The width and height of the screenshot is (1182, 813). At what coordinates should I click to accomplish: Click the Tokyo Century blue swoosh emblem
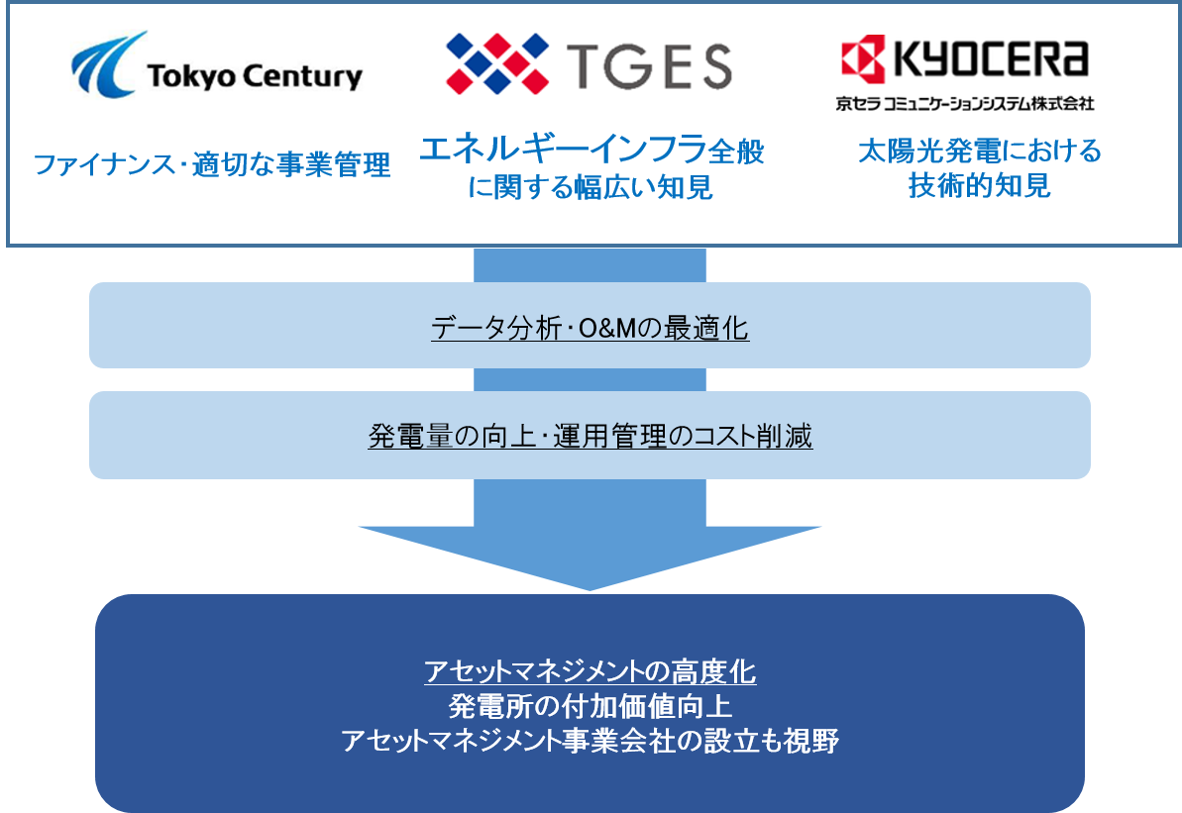[104, 67]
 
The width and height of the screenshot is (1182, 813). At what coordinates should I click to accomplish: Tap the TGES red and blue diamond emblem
[497, 62]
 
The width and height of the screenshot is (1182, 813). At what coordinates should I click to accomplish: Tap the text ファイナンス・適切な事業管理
[213, 164]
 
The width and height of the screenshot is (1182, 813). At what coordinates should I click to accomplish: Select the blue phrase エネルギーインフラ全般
[591, 152]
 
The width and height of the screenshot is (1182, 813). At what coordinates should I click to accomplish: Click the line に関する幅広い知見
[591, 187]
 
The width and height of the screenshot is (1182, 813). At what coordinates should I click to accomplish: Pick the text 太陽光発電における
[980, 152]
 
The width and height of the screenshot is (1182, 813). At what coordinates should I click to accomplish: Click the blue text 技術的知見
[980, 186]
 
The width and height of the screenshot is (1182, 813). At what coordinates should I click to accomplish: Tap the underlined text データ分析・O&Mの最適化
[591, 328]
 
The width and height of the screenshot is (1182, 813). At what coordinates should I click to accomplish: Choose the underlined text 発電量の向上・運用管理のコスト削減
[591, 437]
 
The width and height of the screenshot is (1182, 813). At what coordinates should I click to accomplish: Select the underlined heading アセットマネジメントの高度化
[591, 673]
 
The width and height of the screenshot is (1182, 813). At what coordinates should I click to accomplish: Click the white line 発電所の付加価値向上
[591, 707]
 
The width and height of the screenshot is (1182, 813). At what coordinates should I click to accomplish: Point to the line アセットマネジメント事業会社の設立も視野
[591, 741]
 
